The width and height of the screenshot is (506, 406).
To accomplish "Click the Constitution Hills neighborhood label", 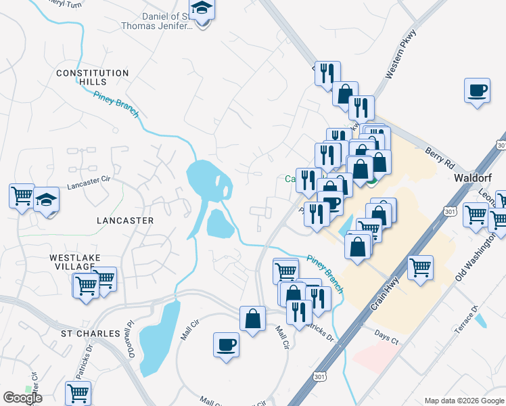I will pyautogui.click(x=93, y=77).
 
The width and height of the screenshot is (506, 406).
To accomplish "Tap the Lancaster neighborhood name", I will pyautogui.click(x=125, y=221).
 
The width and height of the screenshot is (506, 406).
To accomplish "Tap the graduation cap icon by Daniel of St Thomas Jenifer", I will pyautogui.click(x=202, y=10).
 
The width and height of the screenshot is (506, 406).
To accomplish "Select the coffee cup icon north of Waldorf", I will pyautogui.click(x=477, y=90).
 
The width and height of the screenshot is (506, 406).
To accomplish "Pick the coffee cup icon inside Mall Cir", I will pyautogui.click(x=227, y=344).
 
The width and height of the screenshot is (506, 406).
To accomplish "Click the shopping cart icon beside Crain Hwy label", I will pyautogui.click(x=420, y=267).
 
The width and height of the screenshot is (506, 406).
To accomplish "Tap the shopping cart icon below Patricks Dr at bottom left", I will pyautogui.click(x=78, y=392).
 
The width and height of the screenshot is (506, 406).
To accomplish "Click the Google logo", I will pyautogui.click(x=22, y=398).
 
